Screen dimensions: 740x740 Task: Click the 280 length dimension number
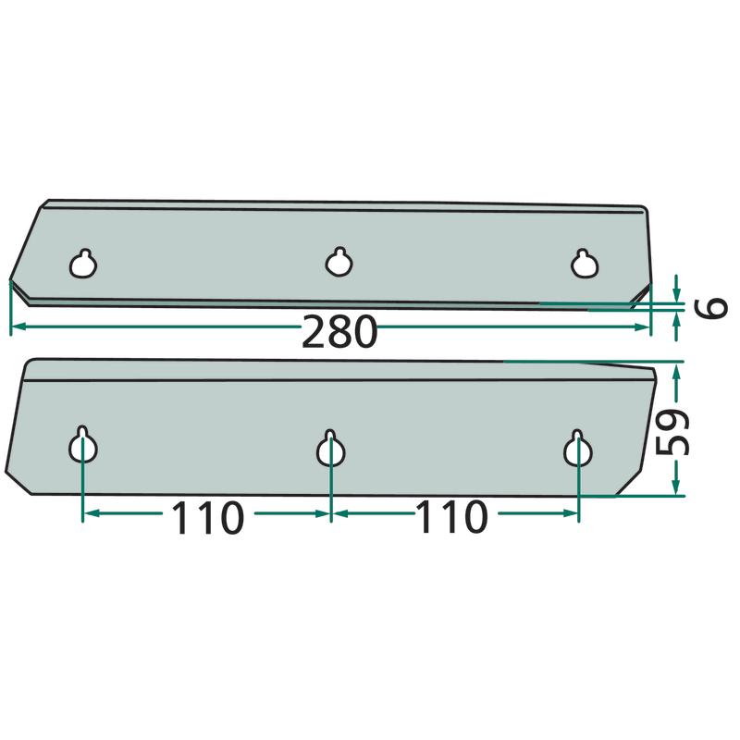[339, 332]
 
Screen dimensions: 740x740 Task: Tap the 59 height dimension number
[672, 432]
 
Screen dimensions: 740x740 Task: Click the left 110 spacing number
[207, 517]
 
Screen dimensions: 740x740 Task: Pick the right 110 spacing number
[451, 517]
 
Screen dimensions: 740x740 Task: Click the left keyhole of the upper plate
[83, 264]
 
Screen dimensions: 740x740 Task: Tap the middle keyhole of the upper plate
[339, 261]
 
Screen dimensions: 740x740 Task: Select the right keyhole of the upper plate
[585, 264]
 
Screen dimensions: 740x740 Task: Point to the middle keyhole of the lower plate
[331, 448]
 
